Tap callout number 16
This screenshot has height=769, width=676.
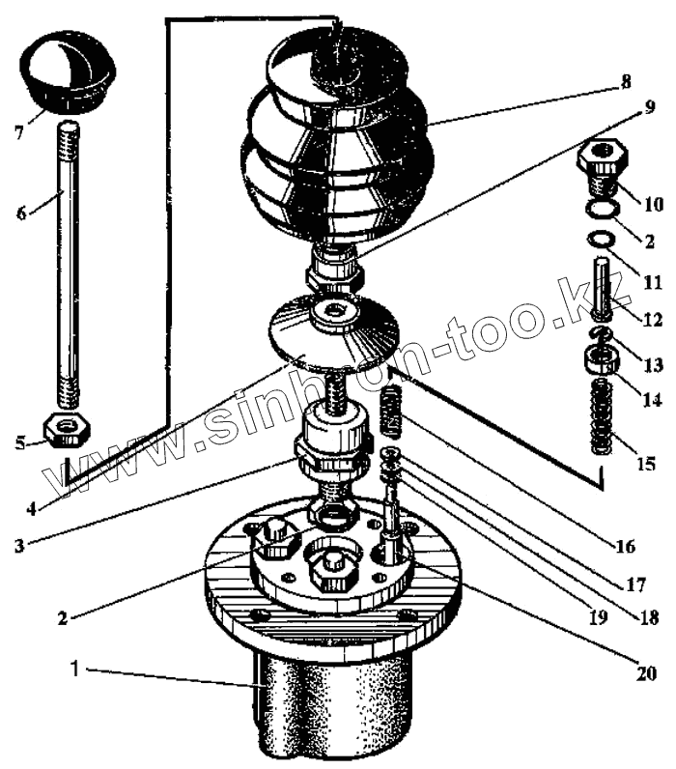(x=623, y=547)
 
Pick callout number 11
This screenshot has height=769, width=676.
(x=653, y=283)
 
